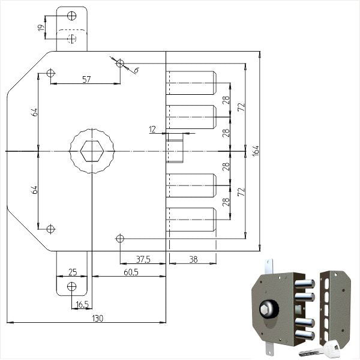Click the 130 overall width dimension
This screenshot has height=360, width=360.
pos(98,319)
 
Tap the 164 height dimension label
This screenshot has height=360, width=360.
pos(256,151)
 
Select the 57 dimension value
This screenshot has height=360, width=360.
pos(86,79)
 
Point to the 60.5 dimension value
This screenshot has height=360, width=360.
pos(131,272)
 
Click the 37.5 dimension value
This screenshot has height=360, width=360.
pos(143,259)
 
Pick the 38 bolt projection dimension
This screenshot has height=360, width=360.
pos(193,259)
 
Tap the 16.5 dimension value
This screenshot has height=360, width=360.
pos(82,305)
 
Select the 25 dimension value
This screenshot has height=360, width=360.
pos(73,272)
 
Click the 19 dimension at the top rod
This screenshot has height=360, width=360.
pos(41,28)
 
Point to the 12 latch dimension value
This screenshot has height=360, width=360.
pos(152,130)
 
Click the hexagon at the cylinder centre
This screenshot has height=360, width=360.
pos(92,151)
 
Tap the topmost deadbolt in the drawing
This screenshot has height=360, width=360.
pos(191,83)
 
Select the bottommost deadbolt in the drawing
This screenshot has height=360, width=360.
pos(191,220)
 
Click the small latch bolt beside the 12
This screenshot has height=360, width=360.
pos(175,148)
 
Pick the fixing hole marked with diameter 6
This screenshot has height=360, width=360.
pos(120,63)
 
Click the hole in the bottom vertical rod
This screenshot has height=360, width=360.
pos(71,286)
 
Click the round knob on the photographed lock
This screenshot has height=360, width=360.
pos(269,309)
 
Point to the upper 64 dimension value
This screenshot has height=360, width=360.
pos(34,112)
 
